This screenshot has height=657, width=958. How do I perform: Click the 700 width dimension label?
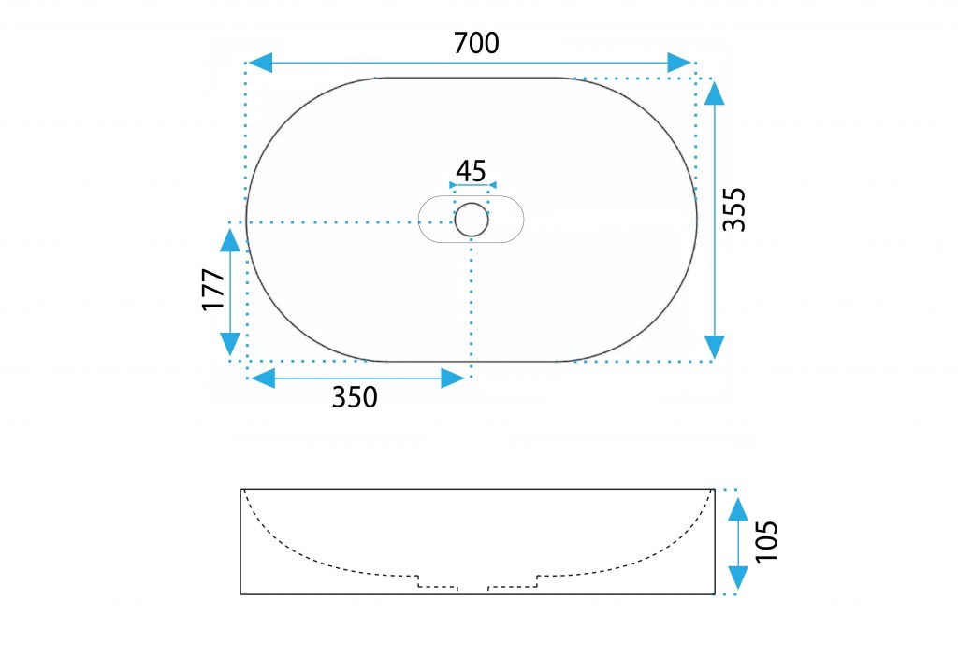pyautogui.click(x=476, y=43)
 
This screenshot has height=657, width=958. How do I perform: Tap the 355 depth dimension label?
pyautogui.click(x=734, y=209)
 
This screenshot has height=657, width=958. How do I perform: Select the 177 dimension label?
pyautogui.click(x=214, y=290)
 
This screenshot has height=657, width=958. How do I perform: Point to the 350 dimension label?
pyautogui.click(x=355, y=397)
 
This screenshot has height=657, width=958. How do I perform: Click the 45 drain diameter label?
pyautogui.click(x=472, y=171)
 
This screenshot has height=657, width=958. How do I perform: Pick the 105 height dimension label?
pyautogui.click(x=766, y=541)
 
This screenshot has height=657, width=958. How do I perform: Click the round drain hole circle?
pyautogui.click(x=472, y=220)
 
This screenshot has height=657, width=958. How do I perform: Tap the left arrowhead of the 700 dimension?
pyautogui.click(x=260, y=63)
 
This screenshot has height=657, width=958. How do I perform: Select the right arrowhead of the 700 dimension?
pyautogui.click(x=679, y=63)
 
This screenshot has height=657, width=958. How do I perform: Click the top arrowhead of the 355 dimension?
pyautogui.click(x=714, y=93)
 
